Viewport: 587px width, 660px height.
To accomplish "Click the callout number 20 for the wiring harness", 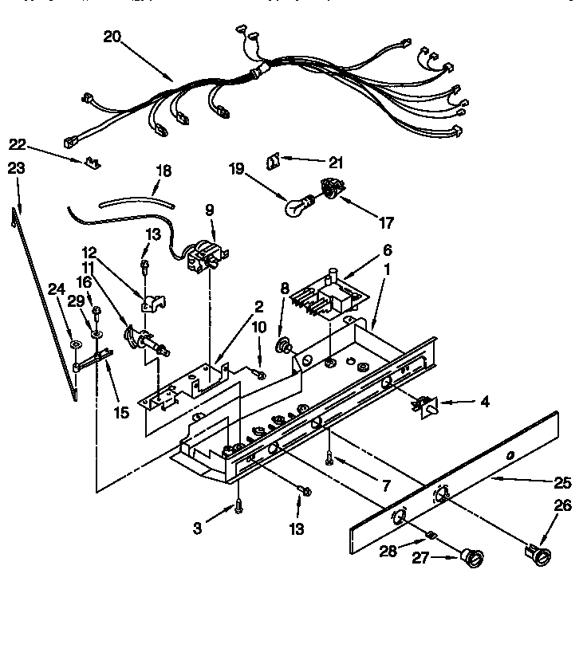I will pos(113,36).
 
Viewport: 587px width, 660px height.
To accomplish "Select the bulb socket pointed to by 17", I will pos(329,190).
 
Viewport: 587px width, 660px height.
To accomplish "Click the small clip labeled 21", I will pos(271,161).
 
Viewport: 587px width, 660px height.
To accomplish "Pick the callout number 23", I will pos(17,169).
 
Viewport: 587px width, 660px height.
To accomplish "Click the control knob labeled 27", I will pos(474,559).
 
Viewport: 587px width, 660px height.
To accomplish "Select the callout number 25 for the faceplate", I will pos(563,483).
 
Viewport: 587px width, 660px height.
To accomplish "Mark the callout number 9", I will pos(210,210).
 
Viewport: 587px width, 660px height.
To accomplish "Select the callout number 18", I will pos(163,171).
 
